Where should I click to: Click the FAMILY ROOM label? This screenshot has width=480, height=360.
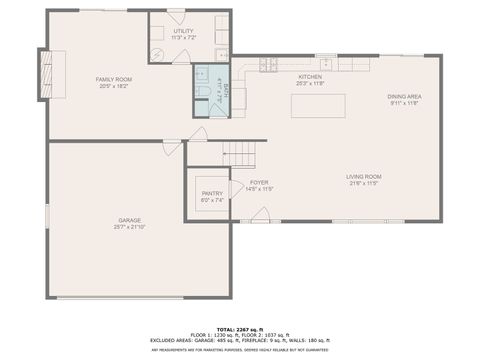(x=113, y=78)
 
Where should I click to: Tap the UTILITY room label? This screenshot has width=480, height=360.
(x=183, y=31)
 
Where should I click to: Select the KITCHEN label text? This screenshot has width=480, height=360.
(x=309, y=76)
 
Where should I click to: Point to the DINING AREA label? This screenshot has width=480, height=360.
(x=405, y=96)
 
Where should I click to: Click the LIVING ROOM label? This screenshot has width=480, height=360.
(x=365, y=176)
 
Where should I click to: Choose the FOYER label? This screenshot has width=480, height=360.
(x=259, y=182)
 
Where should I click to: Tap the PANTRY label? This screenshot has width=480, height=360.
(x=212, y=193)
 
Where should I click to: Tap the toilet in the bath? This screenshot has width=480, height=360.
(x=201, y=93)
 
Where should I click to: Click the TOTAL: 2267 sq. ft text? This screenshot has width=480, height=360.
(x=239, y=329)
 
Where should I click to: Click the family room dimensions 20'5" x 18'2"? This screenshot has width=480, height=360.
(x=113, y=85)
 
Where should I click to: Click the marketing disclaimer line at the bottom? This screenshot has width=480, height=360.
(x=239, y=350)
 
